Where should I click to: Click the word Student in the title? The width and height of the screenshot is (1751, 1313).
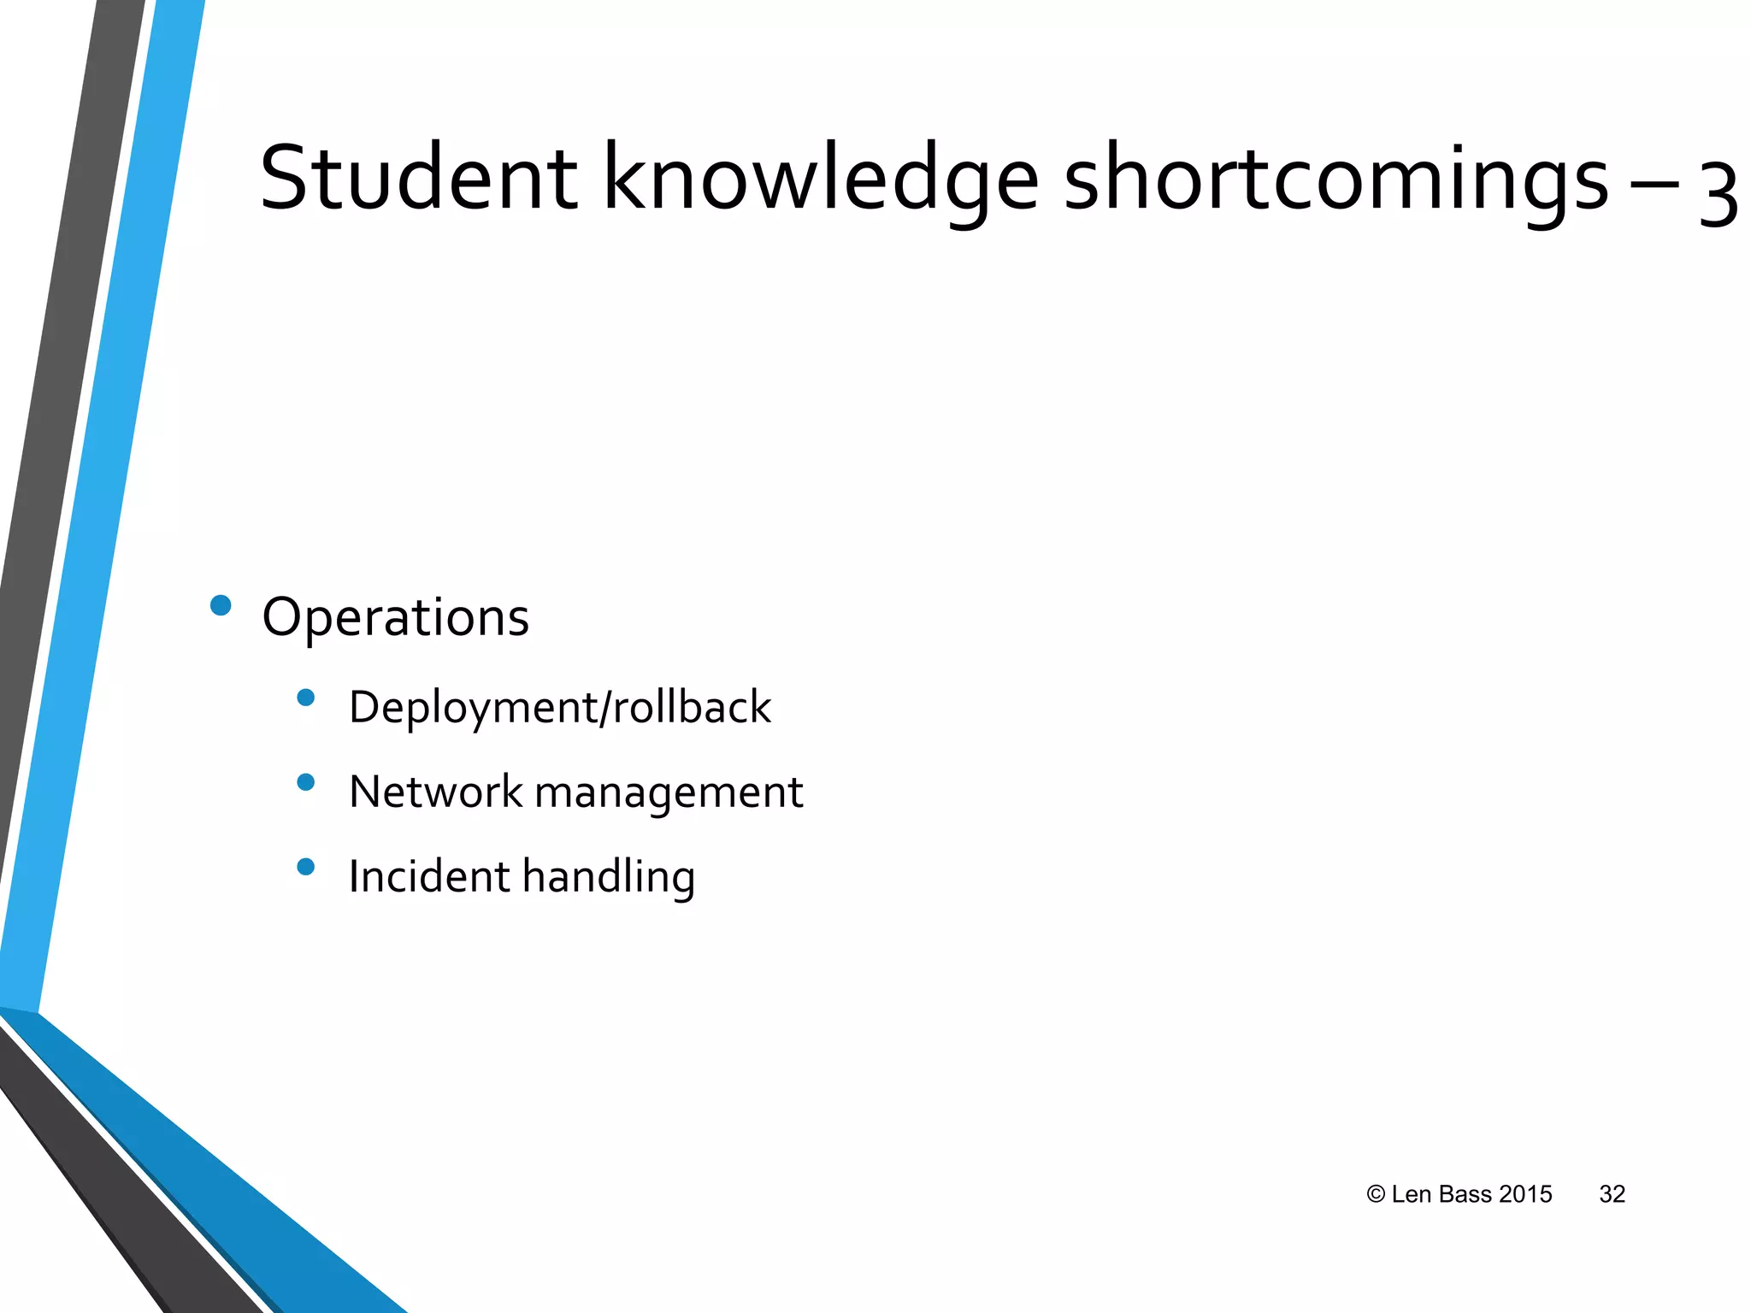pyautogui.click(x=418, y=179)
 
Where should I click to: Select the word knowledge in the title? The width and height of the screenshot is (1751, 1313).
pyautogui.click(x=821, y=181)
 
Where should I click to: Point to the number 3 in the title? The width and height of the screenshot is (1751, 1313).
pyautogui.click(x=1718, y=195)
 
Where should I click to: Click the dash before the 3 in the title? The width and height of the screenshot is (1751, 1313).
pyautogui.click(x=1654, y=183)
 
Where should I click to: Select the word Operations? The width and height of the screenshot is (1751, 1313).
pyautogui.click(x=395, y=617)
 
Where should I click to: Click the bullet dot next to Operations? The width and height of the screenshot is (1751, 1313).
pyautogui.click(x=221, y=605)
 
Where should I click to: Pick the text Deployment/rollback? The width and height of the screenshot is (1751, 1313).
pyautogui.click(x=559, y=708)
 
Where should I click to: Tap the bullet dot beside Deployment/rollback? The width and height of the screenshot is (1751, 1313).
pyautogui.click(x=305, y=698)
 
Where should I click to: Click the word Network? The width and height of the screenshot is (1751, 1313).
pyautogui.click(x=435, y=792)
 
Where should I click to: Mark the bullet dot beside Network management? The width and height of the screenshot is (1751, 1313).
pyautogui.click(x=305, y=781)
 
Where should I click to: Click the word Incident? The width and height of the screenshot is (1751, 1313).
pyautogui.click(x=429, y=876)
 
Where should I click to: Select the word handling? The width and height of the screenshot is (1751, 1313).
pyautogui.click(x=609, y=878)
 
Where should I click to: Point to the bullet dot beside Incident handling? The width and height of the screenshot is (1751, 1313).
pyautogui.click(x=305, y=867)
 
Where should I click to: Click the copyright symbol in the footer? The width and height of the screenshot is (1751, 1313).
pyautogui.click(x=1375, y=1194)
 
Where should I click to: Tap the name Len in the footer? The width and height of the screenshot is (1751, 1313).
pyautogui.click(x=1412, y=1194)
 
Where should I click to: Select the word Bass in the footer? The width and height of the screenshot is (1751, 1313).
pyautogui.click(x=1465, y=1194)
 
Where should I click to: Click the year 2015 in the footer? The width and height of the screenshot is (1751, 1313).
pyautogui.click(x=1525, y=1194)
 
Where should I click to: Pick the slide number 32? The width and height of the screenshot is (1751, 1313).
pyautogui.click(x=1612, y=1194)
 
